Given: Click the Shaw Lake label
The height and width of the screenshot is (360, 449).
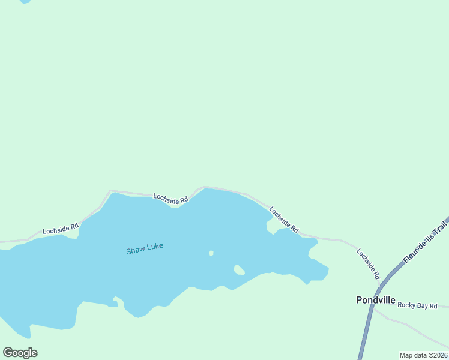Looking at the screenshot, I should (x=145, y=248).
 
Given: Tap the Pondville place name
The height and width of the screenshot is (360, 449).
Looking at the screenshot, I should (x=375, y=299).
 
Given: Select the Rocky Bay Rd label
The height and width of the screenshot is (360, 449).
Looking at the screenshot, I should (x=417, y=305).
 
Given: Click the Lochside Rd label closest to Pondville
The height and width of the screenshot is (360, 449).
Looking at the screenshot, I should (x=368, y=263).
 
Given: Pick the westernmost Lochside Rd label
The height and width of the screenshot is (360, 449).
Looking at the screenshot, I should (x=61, y=229).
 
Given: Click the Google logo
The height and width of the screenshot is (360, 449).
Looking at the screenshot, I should (x=20, y=353).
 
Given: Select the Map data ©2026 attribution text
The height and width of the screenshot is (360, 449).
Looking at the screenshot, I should (x=424, y=355).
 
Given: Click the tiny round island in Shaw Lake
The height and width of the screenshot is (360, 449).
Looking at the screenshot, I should (x=211, y=253).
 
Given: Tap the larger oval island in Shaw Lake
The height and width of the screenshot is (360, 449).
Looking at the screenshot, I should (x=239, y=269).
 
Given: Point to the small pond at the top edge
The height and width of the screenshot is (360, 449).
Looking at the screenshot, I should (x=25, y=1).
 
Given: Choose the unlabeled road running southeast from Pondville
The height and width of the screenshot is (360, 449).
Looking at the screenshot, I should (x=408, y=327).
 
